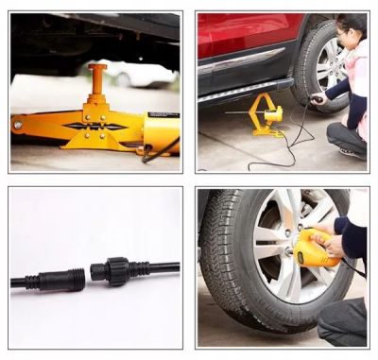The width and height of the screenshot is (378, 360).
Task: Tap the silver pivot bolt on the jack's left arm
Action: coord(18,123)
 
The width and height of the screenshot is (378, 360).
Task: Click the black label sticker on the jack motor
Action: coord(163,116)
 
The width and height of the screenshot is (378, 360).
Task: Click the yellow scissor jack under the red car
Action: coord(265,116)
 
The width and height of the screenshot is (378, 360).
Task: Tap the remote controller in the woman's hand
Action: coord(318,97)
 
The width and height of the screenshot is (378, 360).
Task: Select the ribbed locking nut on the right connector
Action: coord(116,271)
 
